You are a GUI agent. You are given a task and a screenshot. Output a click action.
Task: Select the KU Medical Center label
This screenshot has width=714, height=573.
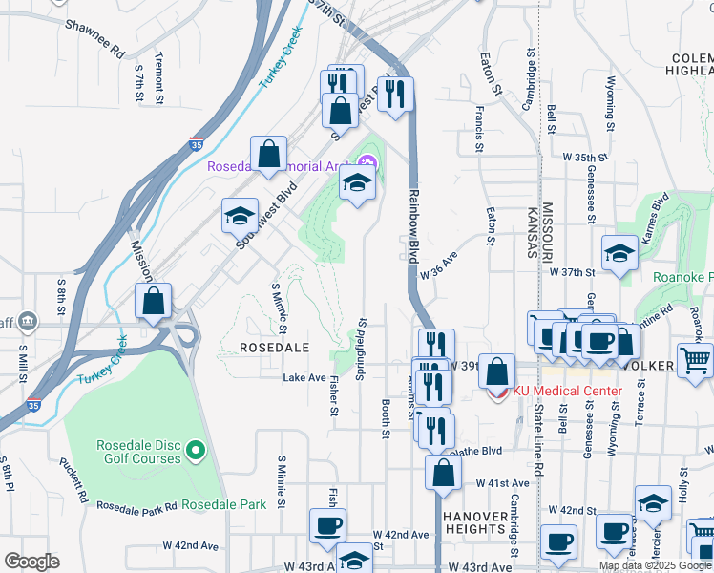pos(567,391)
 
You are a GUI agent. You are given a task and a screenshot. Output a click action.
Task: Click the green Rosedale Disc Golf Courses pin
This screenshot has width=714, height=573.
pos(196,449)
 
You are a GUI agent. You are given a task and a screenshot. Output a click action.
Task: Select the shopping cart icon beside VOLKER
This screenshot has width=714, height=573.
pos(695,360)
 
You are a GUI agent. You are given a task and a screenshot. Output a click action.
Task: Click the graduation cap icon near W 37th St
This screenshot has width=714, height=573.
pos(619,254)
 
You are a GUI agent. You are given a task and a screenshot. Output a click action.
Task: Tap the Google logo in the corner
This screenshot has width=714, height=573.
pos(31,562)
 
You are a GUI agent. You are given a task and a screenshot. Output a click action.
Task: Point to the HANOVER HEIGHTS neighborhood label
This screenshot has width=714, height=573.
pos(474,521)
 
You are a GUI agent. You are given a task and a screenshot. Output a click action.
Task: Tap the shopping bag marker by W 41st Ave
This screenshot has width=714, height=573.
pos(444,472)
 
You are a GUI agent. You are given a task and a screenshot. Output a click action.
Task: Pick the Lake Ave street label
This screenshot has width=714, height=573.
pos(304,378)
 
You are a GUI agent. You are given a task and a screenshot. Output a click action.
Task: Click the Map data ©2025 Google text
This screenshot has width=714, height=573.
pos(655,565)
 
